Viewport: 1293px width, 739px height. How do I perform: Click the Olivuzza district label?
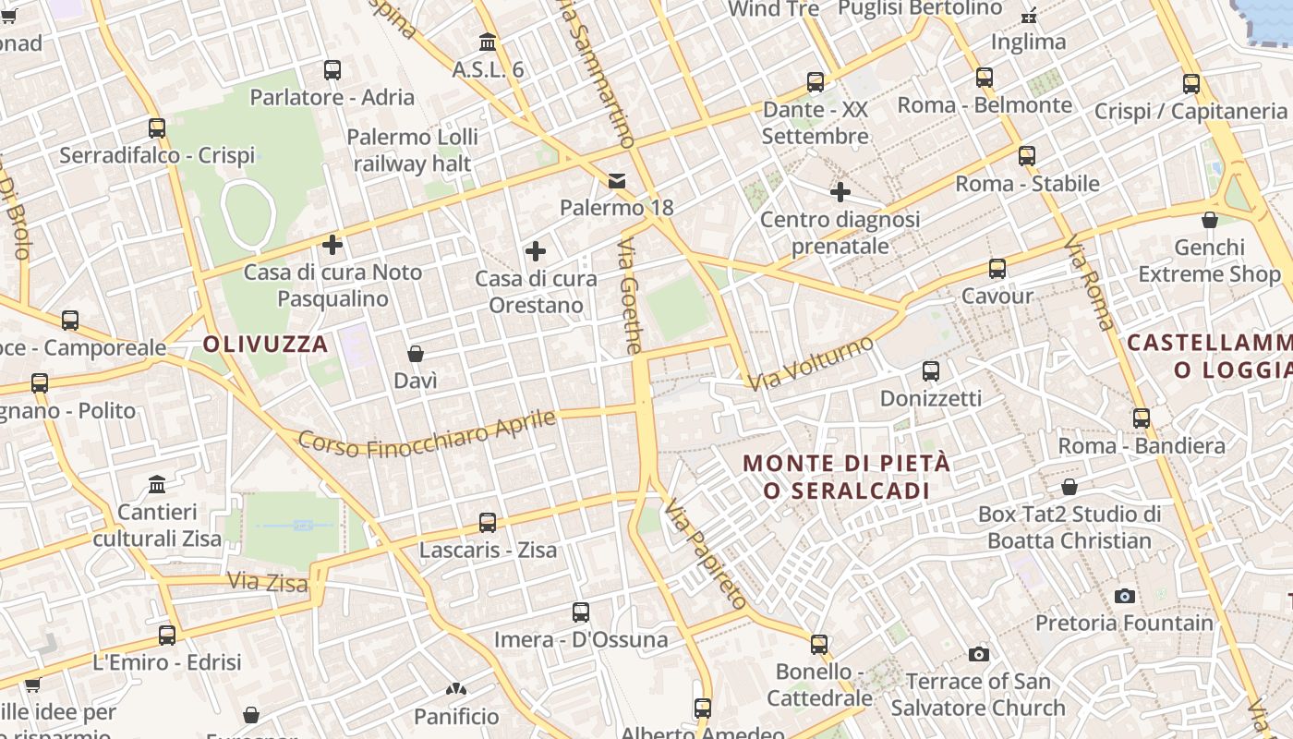pos(265,345)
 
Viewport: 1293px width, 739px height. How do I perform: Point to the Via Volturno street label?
pos(811,363)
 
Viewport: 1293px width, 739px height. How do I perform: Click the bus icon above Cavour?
pos(997,269)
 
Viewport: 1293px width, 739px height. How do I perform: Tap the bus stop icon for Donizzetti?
pos(931,371)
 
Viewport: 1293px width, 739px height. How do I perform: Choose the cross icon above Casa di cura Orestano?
pos(536,251)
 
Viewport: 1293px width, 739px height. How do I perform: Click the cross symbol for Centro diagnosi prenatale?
pos(840,192)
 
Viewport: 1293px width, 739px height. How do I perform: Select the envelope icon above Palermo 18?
pos(617,181)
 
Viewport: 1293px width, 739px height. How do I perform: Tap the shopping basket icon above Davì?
pos(416,354)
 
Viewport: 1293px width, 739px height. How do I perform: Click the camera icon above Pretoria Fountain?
pos(1124,596)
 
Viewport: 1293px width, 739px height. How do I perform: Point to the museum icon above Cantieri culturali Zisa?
pos(157,485)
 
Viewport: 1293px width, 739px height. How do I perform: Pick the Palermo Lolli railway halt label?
pos(412,151)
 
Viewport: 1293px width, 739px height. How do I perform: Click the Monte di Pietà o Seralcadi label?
pos(847,476)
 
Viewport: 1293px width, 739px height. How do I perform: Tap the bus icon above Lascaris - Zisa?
pos(488,523)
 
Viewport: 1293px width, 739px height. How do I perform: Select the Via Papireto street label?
pos(706,554)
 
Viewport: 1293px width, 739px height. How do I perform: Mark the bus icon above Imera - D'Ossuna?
pos(581,612)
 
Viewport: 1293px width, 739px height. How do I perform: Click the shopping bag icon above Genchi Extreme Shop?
pos(1209,220)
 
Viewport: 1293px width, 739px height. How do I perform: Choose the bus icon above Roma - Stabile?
pos(1027,156)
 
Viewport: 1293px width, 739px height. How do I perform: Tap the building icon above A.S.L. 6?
pos(488,42)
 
